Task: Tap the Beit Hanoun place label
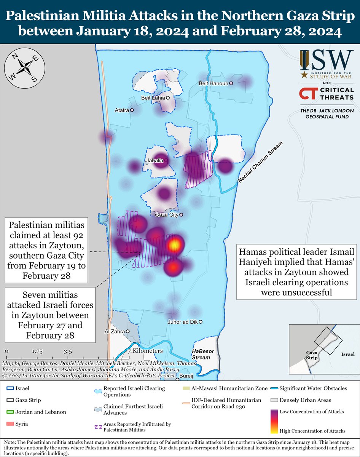(213, 83)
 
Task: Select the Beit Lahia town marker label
(153, 98)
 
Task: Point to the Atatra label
(122, 110)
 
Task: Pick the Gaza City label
(167, 215)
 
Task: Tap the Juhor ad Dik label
(182, 322)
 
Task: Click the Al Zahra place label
(115, 331)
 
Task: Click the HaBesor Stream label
(201, 355)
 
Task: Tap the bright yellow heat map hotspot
(174, 245)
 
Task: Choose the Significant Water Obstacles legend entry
(313, 389)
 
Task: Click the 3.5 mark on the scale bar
(68, 352)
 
